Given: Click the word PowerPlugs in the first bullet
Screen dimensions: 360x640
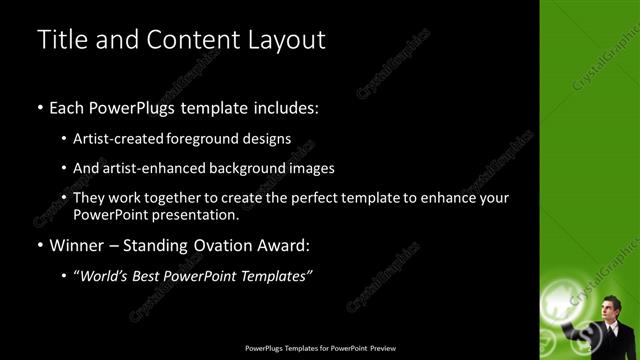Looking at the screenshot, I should click(129, 107).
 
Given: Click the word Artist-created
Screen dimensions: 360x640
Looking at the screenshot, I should click(116, 138).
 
